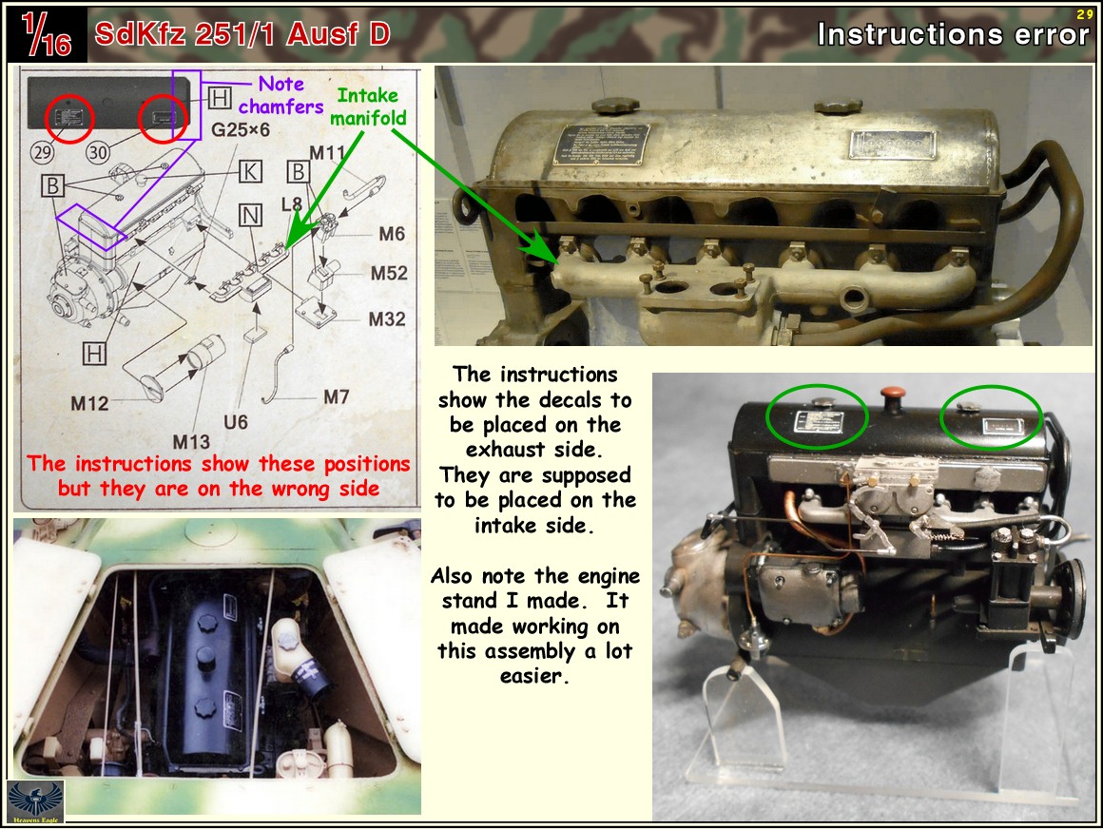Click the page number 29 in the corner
(x=1085, y=13)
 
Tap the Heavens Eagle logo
(x=35, y=801)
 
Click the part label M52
(x=389, y=273)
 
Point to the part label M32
(x=387, y=319)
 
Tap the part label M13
(x=190, y=441)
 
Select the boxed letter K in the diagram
(x=250, y=171)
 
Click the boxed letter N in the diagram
(x=250, y=216)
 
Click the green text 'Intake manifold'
(x=368, y=106)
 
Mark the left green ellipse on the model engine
(x=816, y=415)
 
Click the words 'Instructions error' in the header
(x=953, y=34)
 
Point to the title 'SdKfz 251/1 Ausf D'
(x=242, y=34)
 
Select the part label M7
(x=336, y=397)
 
